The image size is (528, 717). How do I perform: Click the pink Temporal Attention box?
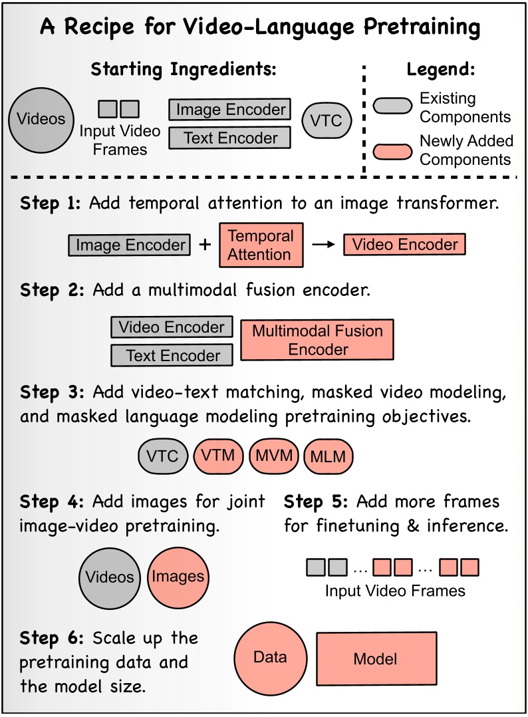click(261, 245)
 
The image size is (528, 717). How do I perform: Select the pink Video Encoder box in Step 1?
click(404, 244)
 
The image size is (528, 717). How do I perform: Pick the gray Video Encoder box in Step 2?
click(172, 327)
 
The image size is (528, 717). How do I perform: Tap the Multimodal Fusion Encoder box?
click(317, 340)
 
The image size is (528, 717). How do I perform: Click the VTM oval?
click(218, 456)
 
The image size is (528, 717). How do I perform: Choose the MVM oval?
click(274, 456)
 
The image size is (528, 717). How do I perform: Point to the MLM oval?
click(329, 456)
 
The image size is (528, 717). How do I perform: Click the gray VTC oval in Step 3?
click(163, 456)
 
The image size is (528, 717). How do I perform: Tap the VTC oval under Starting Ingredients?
click(327, 121)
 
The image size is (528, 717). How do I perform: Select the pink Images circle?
click(178, 577)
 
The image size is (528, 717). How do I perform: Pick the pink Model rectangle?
click(376, 659)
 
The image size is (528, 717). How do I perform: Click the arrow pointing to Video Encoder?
click(324, 245)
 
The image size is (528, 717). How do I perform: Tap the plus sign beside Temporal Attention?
click(205, 245)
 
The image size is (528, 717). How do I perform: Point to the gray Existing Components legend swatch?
click(393, 106)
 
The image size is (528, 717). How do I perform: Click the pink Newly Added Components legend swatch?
click(393, 152)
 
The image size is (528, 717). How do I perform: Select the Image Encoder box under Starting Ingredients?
click(230, 110)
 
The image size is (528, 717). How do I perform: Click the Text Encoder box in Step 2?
click(172, 355)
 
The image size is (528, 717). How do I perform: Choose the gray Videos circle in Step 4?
click(110, 577)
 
